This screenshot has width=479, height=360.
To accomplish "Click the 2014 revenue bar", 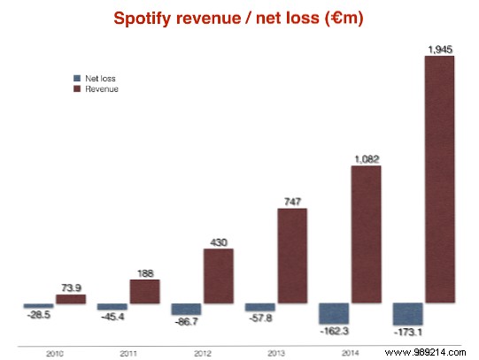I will pos(366,234).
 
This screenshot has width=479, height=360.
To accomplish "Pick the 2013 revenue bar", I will pos(292,256).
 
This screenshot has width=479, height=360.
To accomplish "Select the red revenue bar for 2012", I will pos(218,276).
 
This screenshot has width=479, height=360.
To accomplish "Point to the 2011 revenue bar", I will pos(144,292).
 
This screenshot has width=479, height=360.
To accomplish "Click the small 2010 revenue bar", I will pos(71,300).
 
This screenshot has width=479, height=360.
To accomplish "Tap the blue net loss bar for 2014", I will pos(333,313).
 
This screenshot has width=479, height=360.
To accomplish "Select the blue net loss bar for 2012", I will pos(185,310).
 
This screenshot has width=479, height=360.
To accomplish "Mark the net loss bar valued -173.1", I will pos(407,314).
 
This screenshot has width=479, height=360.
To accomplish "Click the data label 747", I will pos(292,200).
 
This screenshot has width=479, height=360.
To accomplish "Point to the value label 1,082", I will pos(365,158).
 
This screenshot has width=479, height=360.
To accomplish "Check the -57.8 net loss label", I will pos(259,318).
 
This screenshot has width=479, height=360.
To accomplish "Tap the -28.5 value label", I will pos(37,315).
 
